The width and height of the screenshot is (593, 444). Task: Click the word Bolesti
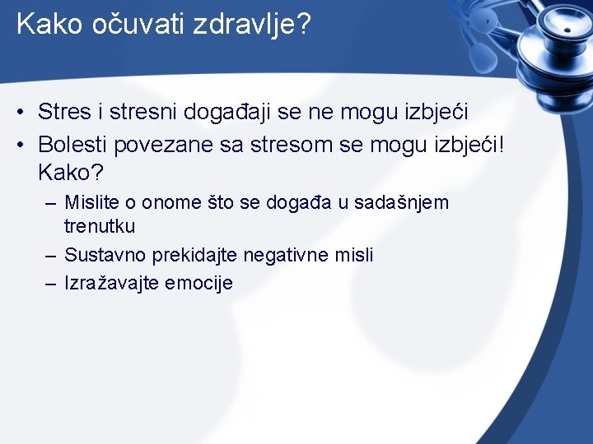click(x=73, y=145)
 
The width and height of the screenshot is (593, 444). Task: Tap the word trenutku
click(x=100, y=225)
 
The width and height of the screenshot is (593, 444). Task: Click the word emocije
click(x=199, y=284)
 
